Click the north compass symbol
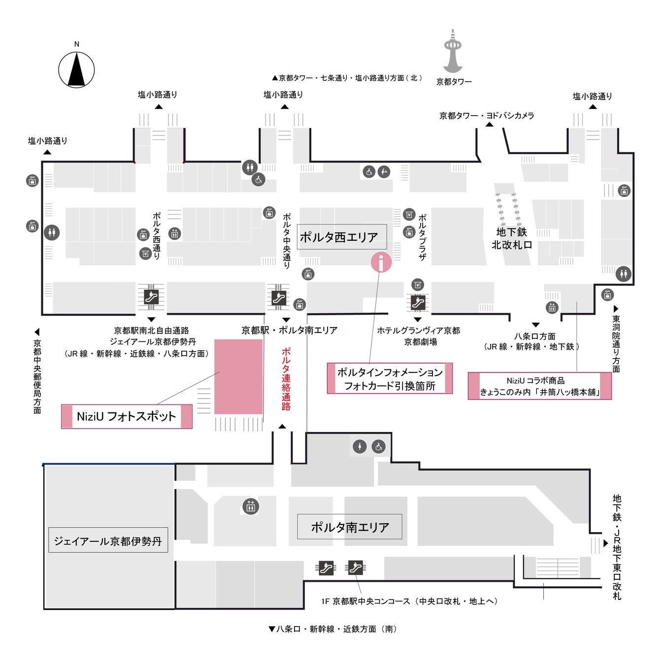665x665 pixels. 76,69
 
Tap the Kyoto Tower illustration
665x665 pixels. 453,51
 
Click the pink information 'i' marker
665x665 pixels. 381,262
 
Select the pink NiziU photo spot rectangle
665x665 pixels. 238,376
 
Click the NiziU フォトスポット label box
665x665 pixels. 127,416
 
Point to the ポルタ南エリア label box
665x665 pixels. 350,527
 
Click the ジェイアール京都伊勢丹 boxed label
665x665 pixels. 108,541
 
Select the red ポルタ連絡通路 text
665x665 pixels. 286,379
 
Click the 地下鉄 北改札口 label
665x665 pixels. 512,238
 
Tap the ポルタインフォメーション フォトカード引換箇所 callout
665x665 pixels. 390,379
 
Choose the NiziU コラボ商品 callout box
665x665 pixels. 539,386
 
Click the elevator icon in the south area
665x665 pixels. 251,506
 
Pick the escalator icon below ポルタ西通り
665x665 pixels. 151,297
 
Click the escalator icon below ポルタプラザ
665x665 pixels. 417,302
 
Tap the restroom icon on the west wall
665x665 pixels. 51,232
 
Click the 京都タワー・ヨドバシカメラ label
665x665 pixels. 487,116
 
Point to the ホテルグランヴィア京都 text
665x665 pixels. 419,331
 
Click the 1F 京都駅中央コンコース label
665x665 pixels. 409,601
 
